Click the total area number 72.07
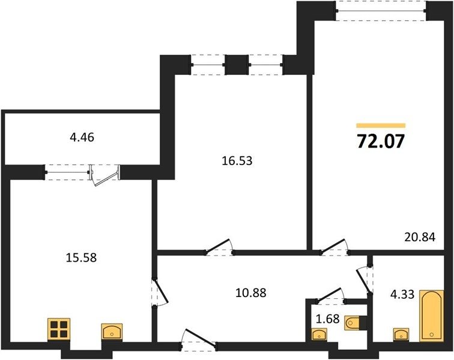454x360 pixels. click(x=381, y=142)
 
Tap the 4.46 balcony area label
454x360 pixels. click(x=82, y=137)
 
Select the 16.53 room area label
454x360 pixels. click(x=237, y=161)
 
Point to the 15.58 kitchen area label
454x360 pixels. click(x=81, y=257)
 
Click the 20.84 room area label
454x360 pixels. click(x=420, y=237)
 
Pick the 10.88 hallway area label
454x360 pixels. click(x=251, y=293)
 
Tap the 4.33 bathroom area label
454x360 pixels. click(x=402, y=295)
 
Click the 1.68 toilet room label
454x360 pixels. click(x=328, y=319)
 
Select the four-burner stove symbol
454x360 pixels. click(x=59, y=329)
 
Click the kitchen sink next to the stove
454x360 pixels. click(x=112, y=331)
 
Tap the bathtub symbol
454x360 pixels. click(x=432, y=316)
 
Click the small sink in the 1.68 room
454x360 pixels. click(x=319, y=334)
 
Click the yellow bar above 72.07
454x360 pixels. click(x=381, y=125)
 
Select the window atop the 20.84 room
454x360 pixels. click(x=381, y=11)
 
